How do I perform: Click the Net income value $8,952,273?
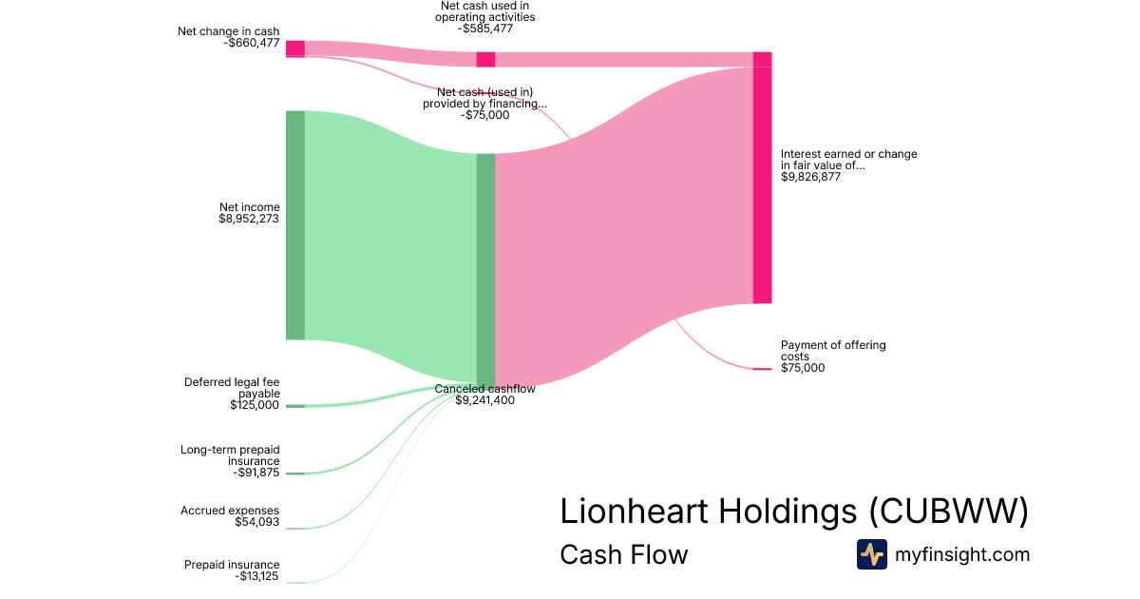coord(249,219)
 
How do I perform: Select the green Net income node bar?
coord(295,224)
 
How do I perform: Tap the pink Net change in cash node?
coord(295,49)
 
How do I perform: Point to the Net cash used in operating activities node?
coord(485,59)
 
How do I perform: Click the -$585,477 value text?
coord(484,29)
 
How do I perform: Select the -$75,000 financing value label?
coord(484,115)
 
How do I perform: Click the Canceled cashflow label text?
coord(484,389)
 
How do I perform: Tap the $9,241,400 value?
coord(484,400)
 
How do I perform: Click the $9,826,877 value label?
coord(810,177)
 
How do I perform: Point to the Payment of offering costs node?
coord(762,369)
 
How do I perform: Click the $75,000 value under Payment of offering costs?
coord(803,368)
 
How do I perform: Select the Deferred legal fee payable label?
coord(232,388)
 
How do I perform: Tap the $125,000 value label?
coord(255,405)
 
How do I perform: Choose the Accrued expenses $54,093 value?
coord(256,522)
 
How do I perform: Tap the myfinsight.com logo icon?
coord(871,554)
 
